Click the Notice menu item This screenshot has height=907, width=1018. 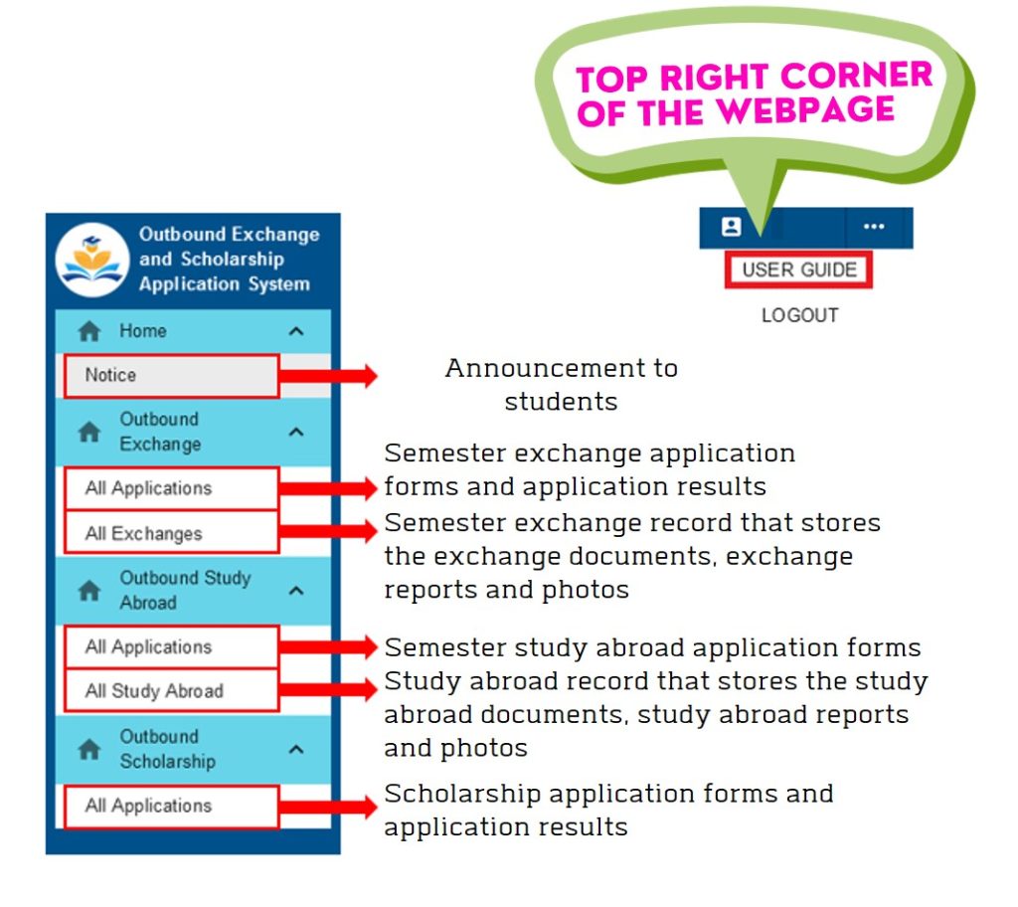(171, 376)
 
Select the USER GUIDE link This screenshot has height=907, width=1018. (798, 271)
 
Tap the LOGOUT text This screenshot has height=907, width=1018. (799, 315)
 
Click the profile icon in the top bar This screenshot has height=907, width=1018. (732, 227)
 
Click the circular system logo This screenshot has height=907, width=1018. (91, 260)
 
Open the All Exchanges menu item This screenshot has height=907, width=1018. (171, 533)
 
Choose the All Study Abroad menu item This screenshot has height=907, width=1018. (171, 691)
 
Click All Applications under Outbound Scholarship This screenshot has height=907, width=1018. (171, 807)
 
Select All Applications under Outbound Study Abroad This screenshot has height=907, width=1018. (171, 647)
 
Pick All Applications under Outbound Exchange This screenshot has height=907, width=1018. (171, 488)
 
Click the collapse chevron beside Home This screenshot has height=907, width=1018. (295, 332)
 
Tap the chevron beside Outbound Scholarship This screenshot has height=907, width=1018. (295, 749)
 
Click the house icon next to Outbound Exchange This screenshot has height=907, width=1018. (89, 433)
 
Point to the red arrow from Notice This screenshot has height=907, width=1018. (328, 376)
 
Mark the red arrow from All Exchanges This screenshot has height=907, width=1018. (328, 532)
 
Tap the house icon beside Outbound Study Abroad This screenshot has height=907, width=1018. (89, 591)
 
